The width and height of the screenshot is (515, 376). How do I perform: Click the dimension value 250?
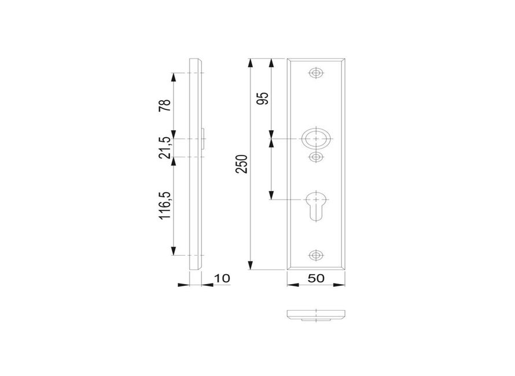coord(244,164)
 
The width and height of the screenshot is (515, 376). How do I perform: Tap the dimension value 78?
coord(165,106)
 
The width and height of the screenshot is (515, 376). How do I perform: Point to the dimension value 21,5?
coord(165,148)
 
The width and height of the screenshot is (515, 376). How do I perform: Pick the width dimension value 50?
coord(316,278)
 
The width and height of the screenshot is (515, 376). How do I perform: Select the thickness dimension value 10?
coord(222,278)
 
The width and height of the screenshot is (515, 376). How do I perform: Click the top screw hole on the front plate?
coord(316,73)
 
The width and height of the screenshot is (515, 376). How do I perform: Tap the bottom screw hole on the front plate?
coord(316,255)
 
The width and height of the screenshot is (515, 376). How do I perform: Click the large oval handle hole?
coord(316,139)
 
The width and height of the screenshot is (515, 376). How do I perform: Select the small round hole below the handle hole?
coord(316,157)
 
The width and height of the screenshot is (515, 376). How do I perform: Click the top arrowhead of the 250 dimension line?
coord(250,62)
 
